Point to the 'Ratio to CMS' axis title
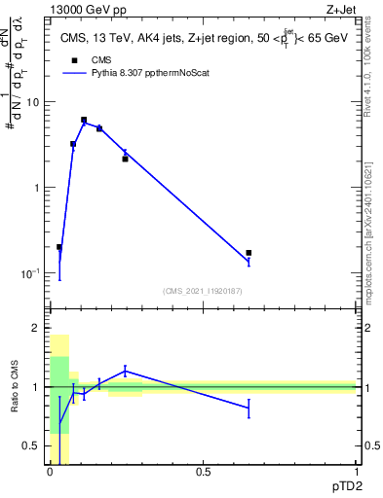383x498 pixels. [15, 388]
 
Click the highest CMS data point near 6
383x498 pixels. [84, 120]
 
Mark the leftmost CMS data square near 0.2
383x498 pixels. [59, 247]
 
